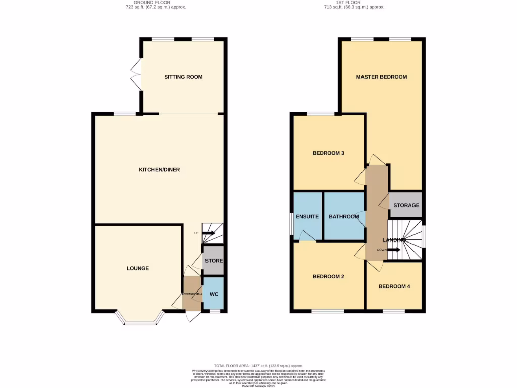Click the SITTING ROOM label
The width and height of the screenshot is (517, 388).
183,77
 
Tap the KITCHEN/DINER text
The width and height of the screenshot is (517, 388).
160,170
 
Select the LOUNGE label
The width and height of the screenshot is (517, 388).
137,268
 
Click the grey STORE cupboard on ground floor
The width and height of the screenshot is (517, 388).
213,261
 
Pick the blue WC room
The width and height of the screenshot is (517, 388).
213,294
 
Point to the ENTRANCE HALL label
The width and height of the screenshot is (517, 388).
192,294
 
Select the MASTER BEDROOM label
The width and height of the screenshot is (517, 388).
381,77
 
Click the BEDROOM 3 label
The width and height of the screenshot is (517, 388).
328,153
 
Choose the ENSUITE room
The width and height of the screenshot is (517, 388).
307,217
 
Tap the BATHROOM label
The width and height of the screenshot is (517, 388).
344,217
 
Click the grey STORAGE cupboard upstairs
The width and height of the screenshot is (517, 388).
406,205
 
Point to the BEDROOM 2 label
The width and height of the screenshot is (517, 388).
328,277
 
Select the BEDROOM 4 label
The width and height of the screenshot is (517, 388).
394,286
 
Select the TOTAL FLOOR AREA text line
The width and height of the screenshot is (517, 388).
258,366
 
